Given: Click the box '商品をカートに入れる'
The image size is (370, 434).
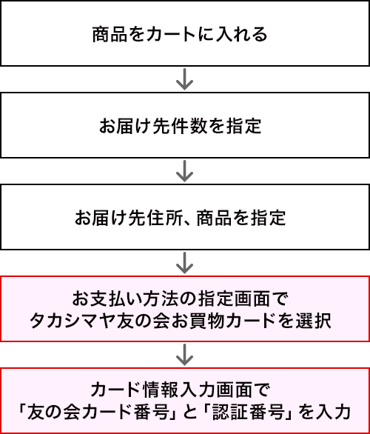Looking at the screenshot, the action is point(185,33).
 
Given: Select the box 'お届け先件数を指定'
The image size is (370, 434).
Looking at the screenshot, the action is point(185,125).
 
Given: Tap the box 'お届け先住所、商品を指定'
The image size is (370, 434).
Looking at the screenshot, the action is point(185,217).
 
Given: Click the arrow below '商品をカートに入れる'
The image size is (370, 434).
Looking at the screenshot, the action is point(184,79).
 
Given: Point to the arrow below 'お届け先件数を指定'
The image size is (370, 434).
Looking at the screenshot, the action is point(184,171).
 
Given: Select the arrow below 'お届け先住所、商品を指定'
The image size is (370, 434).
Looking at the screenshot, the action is point(184,263).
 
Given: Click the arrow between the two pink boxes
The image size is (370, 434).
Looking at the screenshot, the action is point(184,355).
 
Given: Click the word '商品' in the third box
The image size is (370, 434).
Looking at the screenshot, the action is point(213,218).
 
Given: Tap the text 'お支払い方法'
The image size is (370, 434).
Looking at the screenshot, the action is point(117,299).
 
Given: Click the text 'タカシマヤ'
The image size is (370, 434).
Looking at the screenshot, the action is point(73,321).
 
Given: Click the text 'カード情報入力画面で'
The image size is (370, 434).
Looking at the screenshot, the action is point(180,390).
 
